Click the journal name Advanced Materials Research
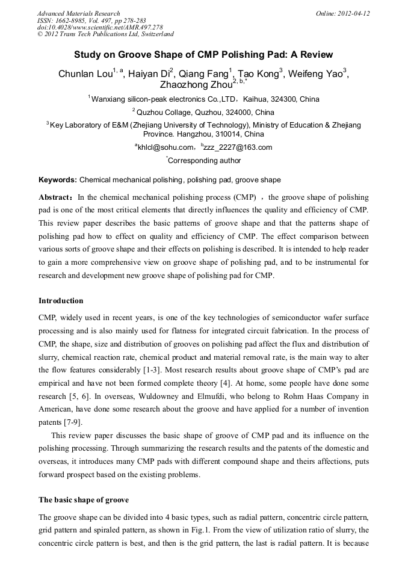(78, 13)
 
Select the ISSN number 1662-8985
(74, 20)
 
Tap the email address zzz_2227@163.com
(238, 147)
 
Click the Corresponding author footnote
(204, 161)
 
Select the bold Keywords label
(58, 180)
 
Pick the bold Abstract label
(56, 197)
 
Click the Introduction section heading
(61, 301)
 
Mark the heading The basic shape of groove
(84, 500)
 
